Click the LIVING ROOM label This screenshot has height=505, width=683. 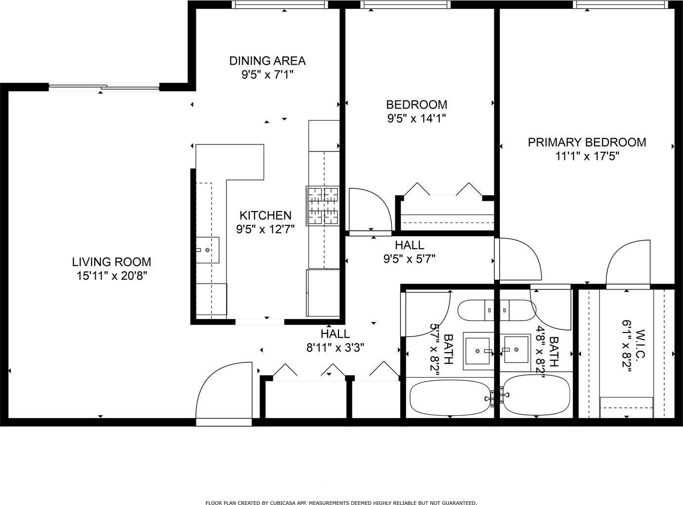coord(112,262)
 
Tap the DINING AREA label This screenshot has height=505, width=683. coord(267,61)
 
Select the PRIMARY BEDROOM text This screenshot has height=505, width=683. coord(587,143)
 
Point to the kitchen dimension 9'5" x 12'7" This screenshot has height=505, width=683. coord(266,229)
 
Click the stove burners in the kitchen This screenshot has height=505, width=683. coord(323,205)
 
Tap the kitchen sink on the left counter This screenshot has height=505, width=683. coord(207,250)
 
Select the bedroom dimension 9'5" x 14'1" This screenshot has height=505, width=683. coord(417,118)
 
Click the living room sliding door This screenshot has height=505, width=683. coord(104,88)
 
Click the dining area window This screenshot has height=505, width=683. coord(280,4)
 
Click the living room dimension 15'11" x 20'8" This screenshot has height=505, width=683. coord(112,276)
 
